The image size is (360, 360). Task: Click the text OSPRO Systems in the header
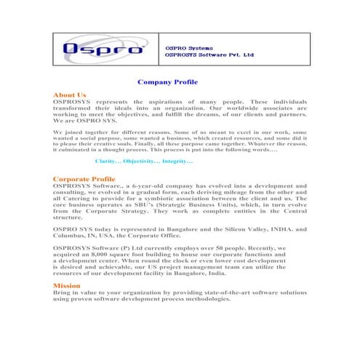pos(188,47)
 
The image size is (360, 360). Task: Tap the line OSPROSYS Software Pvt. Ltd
pos(209,55)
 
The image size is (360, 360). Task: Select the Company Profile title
pos(167,83)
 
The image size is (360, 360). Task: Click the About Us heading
pos(70,95)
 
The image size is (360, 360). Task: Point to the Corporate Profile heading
pos(84,178)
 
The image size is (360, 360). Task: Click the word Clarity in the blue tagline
pos(108,160)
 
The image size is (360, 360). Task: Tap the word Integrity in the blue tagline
pos(177,160)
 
